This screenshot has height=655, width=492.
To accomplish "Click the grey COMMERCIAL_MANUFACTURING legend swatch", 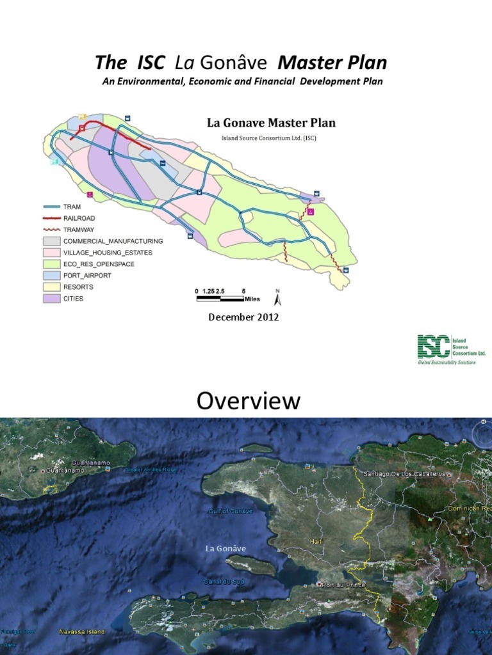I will [x=51, y=241].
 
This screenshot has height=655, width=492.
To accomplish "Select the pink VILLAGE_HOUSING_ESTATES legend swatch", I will [x=51, y=253].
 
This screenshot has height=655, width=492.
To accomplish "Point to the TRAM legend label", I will [x=73, y=207].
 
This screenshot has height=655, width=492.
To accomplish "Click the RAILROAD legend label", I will [x=79, y=218].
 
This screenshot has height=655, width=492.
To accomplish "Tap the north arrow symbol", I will [x=278, y=297].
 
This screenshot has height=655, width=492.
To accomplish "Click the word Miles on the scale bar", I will [x=252, y=298].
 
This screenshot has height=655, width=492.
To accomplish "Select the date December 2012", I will [x=243, y=317].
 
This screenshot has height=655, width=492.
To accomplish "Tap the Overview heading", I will [x=248, y=401].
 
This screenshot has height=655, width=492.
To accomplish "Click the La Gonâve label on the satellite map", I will [x=225, y=549].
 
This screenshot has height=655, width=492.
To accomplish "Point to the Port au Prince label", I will [x=340, y=585].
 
